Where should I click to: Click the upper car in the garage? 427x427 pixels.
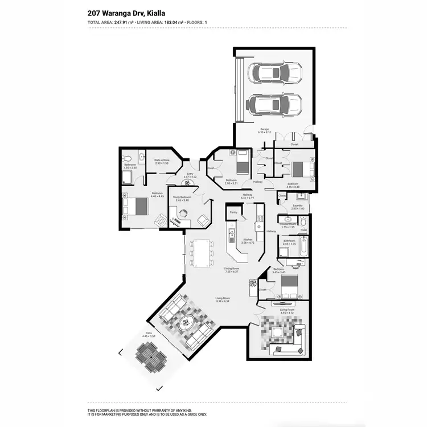275,73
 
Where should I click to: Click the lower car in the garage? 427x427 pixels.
275,104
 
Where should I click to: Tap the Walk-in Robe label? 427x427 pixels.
162,161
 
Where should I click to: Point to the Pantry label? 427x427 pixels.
233,212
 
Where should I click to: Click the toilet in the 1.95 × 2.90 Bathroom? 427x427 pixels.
129,158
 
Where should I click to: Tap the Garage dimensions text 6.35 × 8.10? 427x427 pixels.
265,133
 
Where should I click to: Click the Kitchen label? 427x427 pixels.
248,240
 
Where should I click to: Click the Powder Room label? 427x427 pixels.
289,224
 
